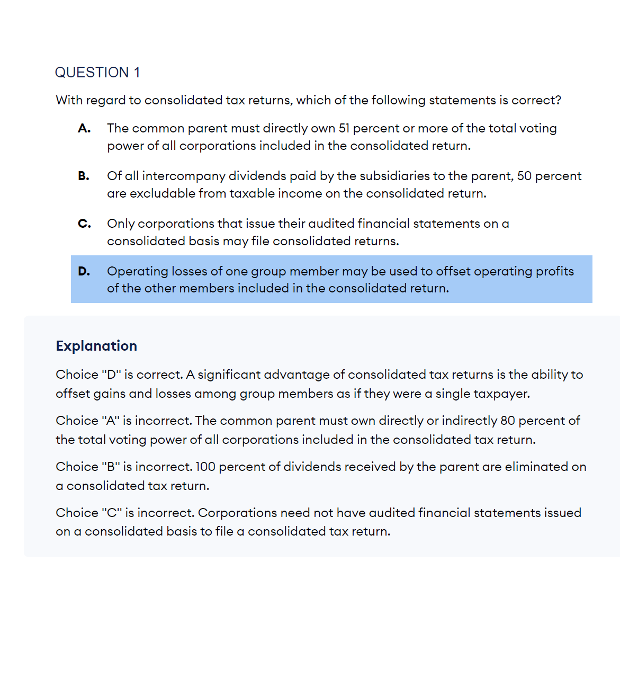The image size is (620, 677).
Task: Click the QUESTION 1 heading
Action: point(97,73)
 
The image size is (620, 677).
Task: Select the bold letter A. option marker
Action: point(84,128)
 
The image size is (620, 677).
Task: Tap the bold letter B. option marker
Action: point(84,176)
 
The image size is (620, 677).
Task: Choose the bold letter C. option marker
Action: point(84,224)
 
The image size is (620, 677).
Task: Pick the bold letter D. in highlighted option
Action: point(84,271)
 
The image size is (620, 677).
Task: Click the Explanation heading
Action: point(96,346)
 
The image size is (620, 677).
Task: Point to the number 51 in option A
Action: point(344,128)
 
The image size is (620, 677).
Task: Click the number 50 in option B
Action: point(524,176)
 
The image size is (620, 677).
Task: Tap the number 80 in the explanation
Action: point(507,421)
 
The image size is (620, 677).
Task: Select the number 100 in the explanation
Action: point(205,467)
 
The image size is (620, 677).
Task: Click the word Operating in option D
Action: point(134,271)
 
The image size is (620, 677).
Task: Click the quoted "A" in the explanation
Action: point(110,421)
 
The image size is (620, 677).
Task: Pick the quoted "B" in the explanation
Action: point(111,467)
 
